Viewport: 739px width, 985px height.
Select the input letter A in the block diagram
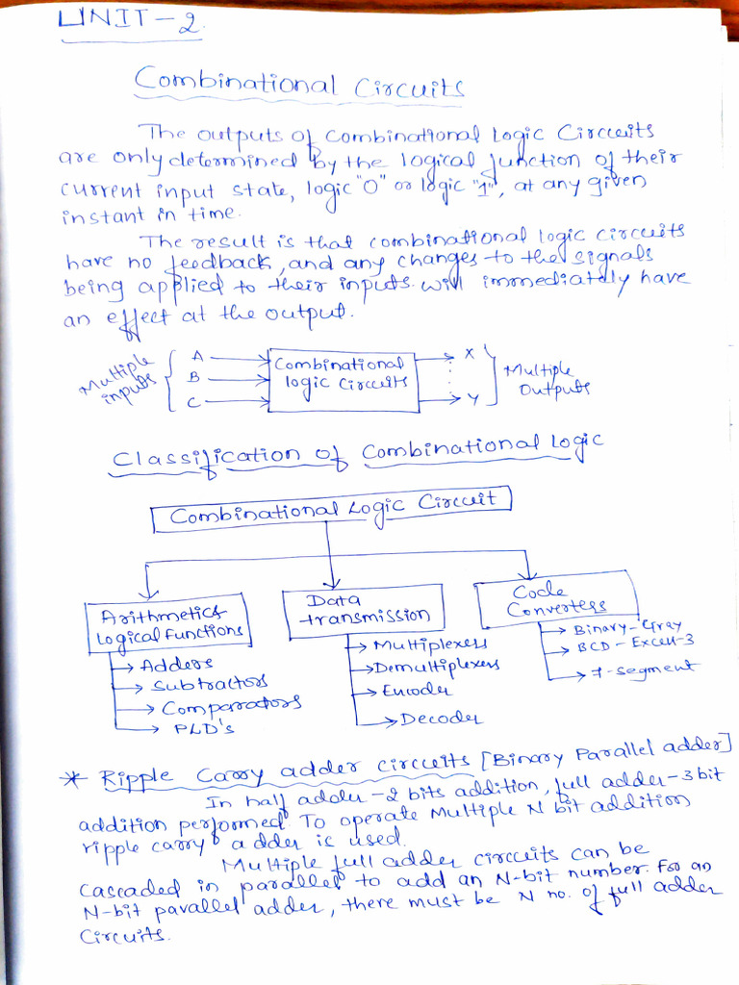click(x=197, y=357)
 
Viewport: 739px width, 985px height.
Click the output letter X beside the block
click(x=469, y=354)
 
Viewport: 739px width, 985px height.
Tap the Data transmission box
click(x=363, y=609)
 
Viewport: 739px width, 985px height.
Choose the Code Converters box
click(x=557, y=598)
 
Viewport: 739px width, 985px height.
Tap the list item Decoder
click(x=441, y=718)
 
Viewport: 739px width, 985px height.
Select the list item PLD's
click(x=203, y=728)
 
